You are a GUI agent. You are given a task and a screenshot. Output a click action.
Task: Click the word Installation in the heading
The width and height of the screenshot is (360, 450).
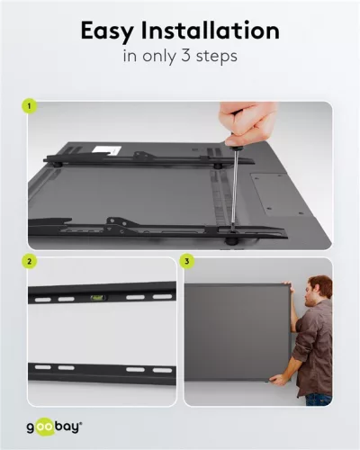click(211, 31)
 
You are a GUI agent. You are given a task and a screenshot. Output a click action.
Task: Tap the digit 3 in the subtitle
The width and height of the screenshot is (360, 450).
click(185, 56)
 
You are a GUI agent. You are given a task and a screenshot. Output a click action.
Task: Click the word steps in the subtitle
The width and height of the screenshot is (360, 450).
click(217, 57)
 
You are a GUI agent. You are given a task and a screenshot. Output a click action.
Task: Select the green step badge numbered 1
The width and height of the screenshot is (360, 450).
click(29, 106)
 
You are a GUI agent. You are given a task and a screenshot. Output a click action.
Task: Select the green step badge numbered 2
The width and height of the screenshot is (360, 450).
click(29, 261)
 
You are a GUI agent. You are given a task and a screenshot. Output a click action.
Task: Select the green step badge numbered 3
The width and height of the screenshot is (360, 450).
click(186, 261)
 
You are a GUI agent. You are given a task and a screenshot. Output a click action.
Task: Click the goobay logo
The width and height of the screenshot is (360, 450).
click(54, 427)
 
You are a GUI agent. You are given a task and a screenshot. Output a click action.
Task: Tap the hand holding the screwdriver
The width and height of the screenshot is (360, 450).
click(248, 123)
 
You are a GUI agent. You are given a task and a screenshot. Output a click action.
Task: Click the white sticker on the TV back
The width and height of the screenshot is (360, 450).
click(107, 149)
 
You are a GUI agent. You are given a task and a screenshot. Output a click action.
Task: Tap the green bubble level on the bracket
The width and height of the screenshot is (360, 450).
click(96, 298)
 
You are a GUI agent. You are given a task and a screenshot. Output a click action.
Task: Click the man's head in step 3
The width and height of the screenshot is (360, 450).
click(319, 291)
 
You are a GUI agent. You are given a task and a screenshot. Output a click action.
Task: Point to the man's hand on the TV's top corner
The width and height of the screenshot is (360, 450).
click(288, 285)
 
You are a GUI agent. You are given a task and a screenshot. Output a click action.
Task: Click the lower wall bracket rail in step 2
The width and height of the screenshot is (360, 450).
click(102, 373)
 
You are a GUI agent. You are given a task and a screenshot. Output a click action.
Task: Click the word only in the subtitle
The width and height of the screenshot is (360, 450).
click(159, 57)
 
